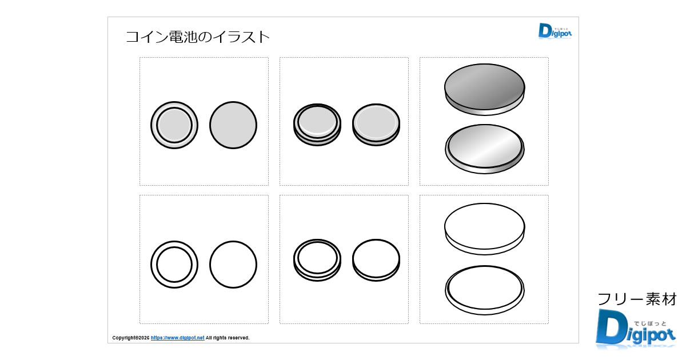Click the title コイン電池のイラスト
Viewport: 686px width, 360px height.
tap(198, 37)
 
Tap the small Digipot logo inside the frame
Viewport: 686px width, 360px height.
tap(555, 31)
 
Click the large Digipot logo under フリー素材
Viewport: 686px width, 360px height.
tap(636, 329)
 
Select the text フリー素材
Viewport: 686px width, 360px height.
tap(637, 299)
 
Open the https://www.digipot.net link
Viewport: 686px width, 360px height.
tap(177, 338)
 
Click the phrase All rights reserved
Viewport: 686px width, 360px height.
tap(228, 338)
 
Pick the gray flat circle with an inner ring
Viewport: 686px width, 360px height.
tap(174, 125)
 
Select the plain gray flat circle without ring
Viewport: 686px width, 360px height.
tap(233, 125)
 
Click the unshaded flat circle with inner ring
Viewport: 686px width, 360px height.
tap(174, 265)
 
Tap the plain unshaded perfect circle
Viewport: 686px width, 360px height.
tap(233, 265)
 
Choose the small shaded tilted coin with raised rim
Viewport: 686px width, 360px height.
tap(317, 125)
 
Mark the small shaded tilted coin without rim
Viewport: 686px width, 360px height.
tap(376, 125)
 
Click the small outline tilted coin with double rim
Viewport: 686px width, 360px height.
tap(317, 260)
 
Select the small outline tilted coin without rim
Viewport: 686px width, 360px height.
tap(376, 260)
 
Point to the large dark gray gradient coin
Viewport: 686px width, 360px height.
tap(485, 89)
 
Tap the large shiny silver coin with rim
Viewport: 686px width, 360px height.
tap(485, 149)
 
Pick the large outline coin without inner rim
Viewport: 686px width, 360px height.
tap(485, 229)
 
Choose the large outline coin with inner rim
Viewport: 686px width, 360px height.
tap(485, 290)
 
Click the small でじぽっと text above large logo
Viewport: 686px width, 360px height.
tap(650, 323)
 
